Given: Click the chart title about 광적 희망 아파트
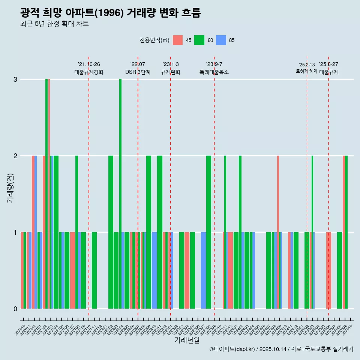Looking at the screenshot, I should (111, 13).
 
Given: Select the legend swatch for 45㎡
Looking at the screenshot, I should (178, 40).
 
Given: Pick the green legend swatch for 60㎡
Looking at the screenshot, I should (199, 40).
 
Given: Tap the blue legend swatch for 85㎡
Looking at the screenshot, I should (221, 40).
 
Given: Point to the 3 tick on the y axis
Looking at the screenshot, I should (15, 79).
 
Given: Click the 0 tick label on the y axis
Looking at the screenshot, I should (15, 309).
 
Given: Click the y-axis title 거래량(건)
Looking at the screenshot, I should (10, 187).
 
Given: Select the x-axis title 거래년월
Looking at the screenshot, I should (187, 340).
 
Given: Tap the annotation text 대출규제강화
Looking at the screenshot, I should (89, 72).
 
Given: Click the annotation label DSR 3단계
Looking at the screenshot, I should (138, 72).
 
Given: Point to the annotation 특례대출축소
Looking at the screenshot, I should (214, 72).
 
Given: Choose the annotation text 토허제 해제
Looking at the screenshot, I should (307, 71).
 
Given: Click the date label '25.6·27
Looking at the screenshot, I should (328, 64).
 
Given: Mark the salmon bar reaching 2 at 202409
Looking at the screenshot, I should (278, 232).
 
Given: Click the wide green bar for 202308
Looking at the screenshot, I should (209, 232).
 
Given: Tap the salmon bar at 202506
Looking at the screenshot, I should (328, 270).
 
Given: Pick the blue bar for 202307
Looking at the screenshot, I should (203, 270).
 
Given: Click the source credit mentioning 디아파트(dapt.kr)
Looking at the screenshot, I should (281, 349).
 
